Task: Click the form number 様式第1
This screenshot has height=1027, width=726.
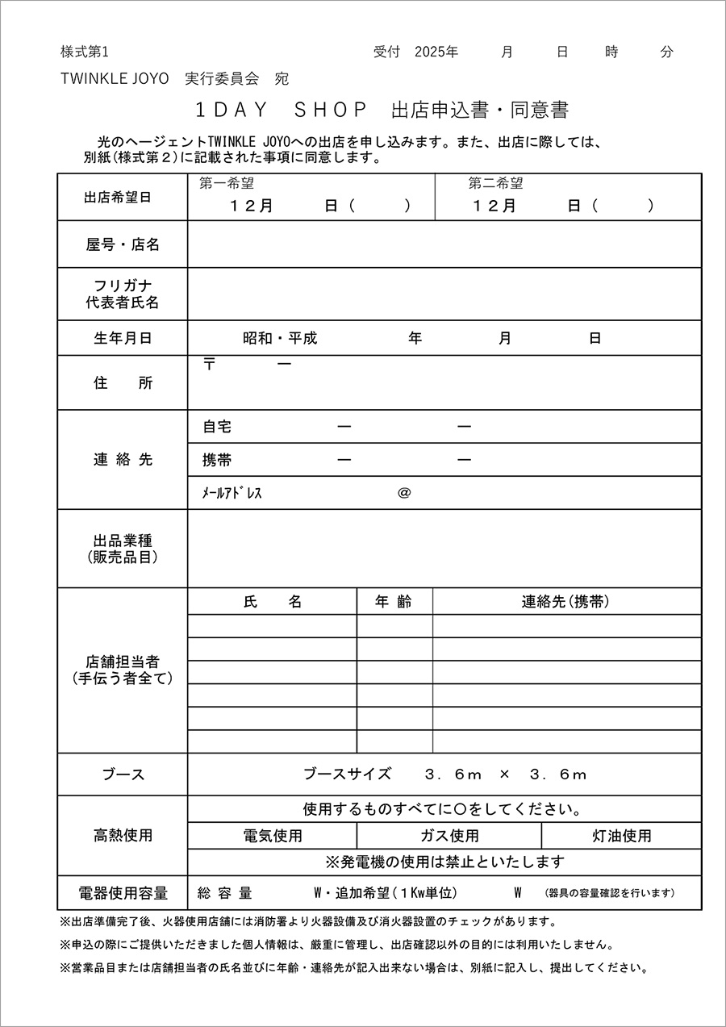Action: click(84, 52)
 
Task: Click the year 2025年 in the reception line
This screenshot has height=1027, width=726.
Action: click(436, 52)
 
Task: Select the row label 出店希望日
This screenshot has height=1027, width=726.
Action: click(123, 197)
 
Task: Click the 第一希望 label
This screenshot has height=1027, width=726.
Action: click(227, 184)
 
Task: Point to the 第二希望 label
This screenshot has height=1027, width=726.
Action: click(496, 184)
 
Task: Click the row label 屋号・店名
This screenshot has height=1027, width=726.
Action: click(123, 244)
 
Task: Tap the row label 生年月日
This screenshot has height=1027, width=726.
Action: click(123, 338)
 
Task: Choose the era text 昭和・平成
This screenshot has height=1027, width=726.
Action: click(280, 338)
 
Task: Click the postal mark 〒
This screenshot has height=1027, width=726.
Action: click(210, 365)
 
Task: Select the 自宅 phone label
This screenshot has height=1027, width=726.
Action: click(217, 427)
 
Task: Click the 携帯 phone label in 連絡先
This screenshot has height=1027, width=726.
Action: click(217, 460)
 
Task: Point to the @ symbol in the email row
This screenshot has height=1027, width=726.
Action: click(404, 493)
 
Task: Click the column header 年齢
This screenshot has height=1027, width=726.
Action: click(394, 601)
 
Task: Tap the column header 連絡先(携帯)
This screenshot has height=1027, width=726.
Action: click(565, 601)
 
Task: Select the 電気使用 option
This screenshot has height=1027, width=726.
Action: click(273, 836)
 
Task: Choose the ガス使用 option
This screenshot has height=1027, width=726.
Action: click(449, 836)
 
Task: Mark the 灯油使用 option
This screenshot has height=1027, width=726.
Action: click(622, 836)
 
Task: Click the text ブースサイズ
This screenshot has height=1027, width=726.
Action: click(347, 774)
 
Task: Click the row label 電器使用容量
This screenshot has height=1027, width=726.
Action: click(123, 893)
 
